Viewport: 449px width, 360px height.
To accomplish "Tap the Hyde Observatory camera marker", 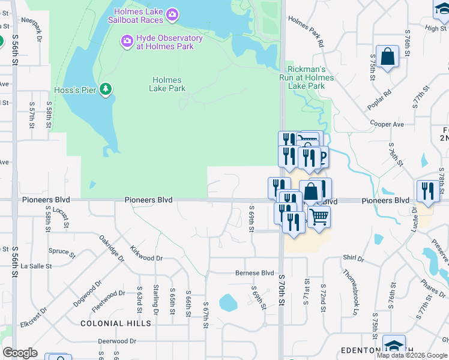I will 127,41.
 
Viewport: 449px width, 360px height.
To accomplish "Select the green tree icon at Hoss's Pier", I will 106,90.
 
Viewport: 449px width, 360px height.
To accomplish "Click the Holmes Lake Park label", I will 167,84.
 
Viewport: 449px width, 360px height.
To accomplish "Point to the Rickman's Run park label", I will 306,77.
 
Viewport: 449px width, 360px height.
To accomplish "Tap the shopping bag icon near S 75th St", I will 388,57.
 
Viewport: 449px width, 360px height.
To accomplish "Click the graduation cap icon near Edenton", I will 394,346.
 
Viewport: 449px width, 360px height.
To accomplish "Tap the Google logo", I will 20,353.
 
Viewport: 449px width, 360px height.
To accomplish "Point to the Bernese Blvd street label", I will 254,273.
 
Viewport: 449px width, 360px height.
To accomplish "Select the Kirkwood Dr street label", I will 146,253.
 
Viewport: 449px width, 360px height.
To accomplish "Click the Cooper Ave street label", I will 387,124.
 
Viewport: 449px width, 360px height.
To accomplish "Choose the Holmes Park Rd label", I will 306,32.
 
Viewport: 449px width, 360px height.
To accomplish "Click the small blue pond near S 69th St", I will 228,302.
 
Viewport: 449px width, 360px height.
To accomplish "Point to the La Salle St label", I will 36,266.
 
